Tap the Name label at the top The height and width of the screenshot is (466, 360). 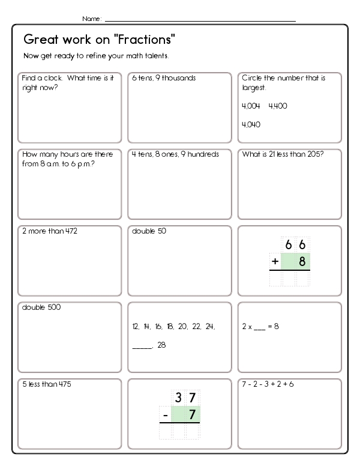pos(92,19)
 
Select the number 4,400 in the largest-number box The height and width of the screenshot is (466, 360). pos(278,106)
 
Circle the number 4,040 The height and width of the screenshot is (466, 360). pos(251,124)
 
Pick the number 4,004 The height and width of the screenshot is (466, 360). pos(251,106)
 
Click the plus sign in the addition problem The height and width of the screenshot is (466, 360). pos(275,261)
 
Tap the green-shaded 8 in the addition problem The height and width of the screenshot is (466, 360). pos(302,261)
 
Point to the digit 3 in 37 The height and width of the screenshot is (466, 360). pos(178,398)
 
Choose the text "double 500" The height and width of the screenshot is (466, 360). pos(41,307)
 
